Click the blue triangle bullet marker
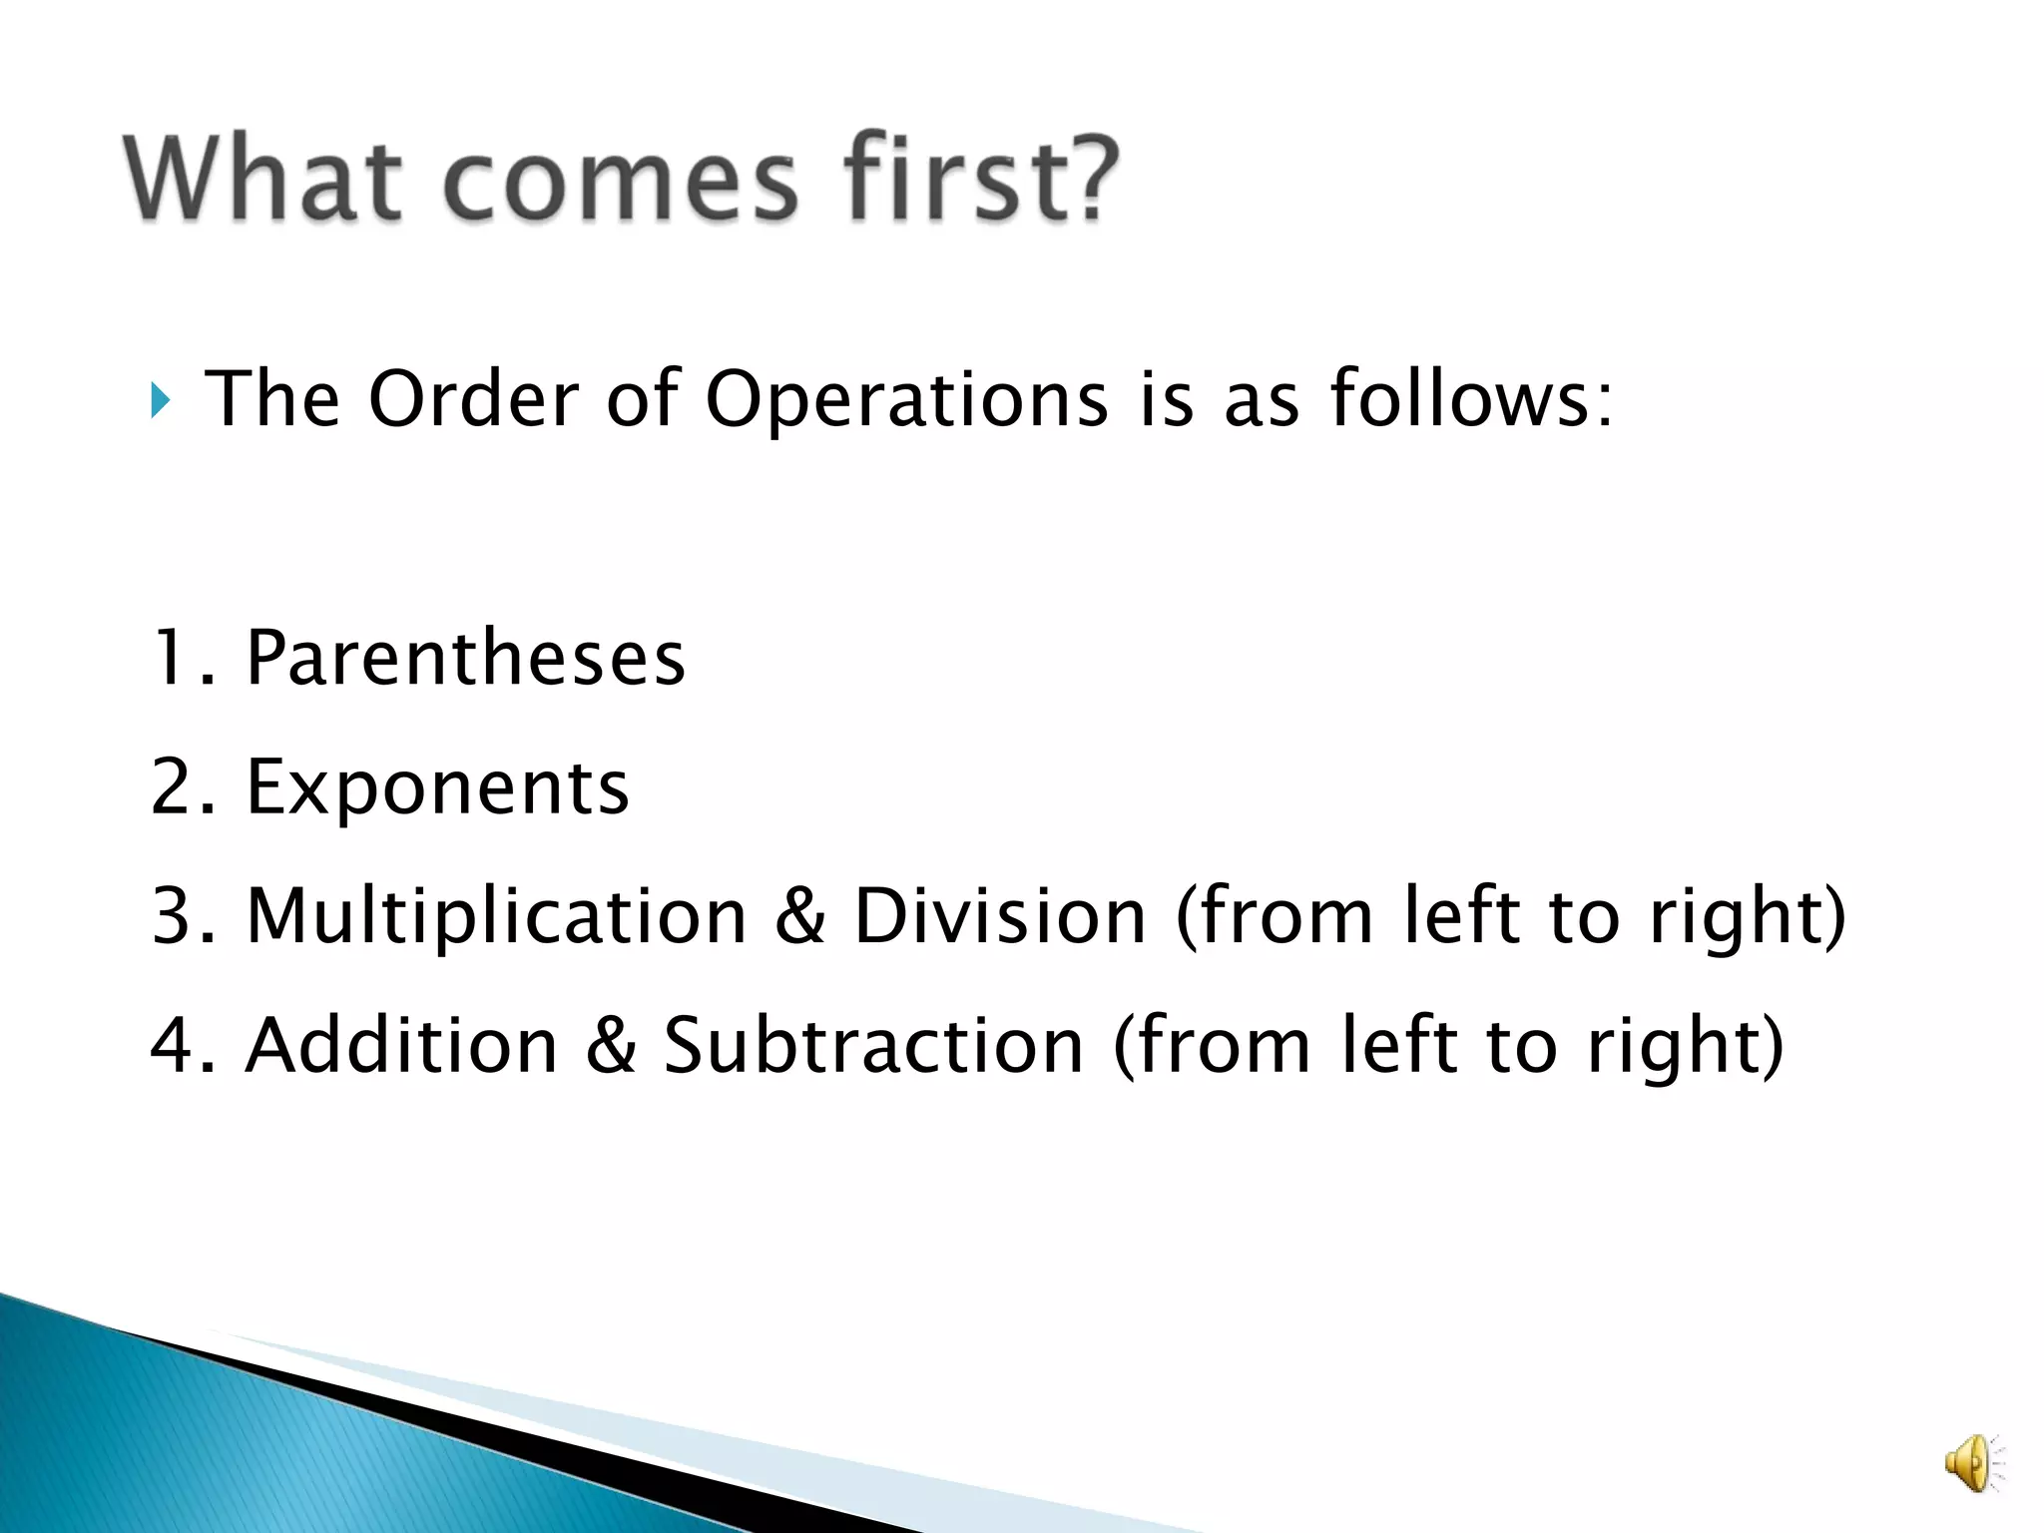(x=161, y=400)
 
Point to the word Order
(x=473, y=398)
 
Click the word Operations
(x=906, y=400)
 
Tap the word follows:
(x=1471, y=398)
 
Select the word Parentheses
(x=465, y=659)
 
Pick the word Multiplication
(x=496, y=916)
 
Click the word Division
(x=1000, y=915)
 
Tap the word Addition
(x=401, y=1045)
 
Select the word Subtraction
(x=873, y=1045)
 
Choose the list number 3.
(x=172, y=915)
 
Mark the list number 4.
(x=172, y=1045)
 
